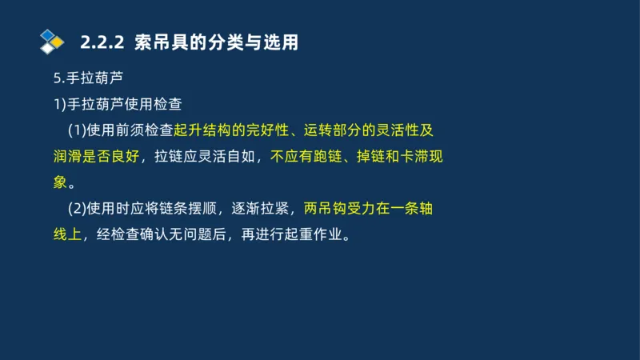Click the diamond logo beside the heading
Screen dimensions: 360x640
[51, 40]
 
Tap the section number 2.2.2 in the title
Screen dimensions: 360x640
[102, 42]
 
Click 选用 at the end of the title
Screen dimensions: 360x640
[281, 42]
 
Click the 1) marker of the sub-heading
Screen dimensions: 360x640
[58, 104]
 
